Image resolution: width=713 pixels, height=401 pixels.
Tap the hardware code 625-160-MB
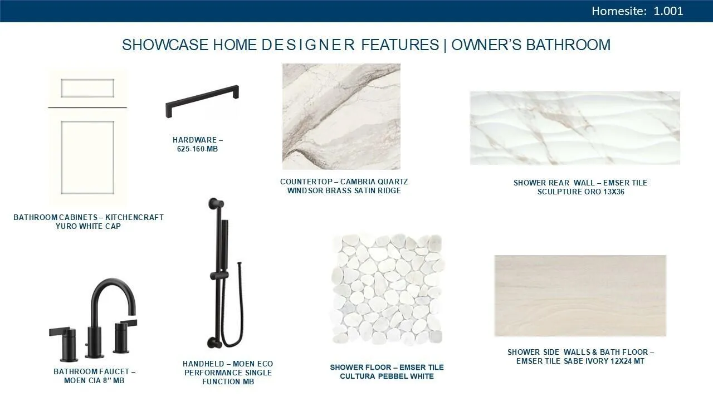coord(197,149)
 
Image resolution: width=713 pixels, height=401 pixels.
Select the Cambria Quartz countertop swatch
coord(341,116)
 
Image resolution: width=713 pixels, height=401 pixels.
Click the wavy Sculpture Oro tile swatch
coord(575,128)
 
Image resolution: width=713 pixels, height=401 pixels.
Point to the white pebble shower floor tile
coord(387,290)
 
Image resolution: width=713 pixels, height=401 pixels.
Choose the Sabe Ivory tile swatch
coord(580,296)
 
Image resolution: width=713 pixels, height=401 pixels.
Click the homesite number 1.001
coord(668,11)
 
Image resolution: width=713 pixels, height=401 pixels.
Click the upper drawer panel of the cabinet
coord(87,88)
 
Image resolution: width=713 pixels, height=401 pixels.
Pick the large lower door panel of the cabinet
coord(87,158)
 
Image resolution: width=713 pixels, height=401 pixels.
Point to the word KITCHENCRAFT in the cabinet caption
coord(134,217)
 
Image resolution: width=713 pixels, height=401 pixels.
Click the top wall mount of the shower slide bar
coord(216,204)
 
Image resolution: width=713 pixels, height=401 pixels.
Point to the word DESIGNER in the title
coord(308,45)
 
